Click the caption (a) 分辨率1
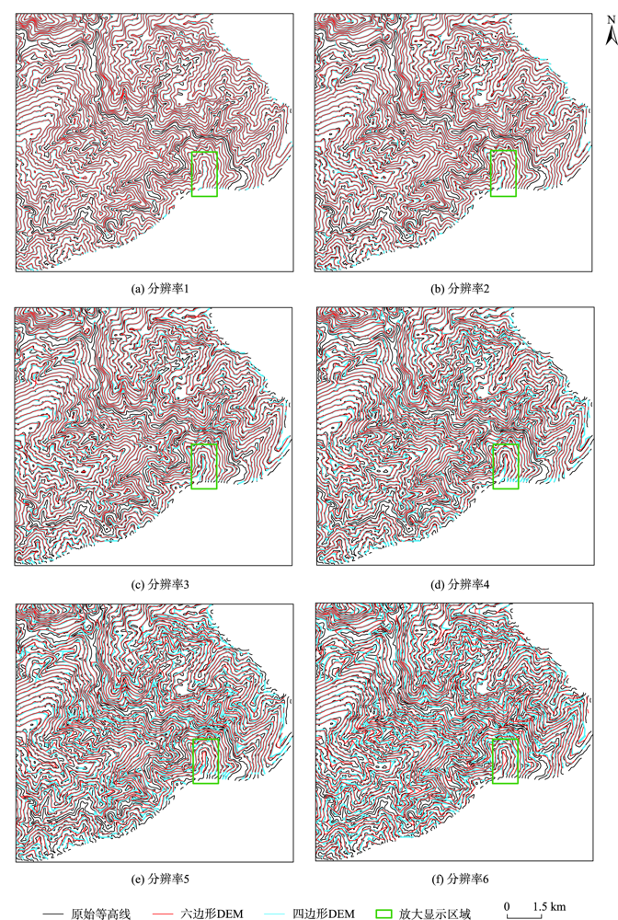(x=154, y=290)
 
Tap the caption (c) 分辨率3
(x=154, y=584)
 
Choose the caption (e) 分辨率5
(x=154, y=879)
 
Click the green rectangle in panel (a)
(x=204, y=174)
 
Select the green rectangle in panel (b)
(x=503, y=174)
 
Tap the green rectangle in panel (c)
(x=204, y=466)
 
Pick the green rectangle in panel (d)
(x=506, y=466)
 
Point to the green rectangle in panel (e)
(x=207, y=761)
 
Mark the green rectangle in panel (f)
(x=506, y=761)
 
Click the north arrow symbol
(x=609, y=35)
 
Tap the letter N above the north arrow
(x=609, y=17)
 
